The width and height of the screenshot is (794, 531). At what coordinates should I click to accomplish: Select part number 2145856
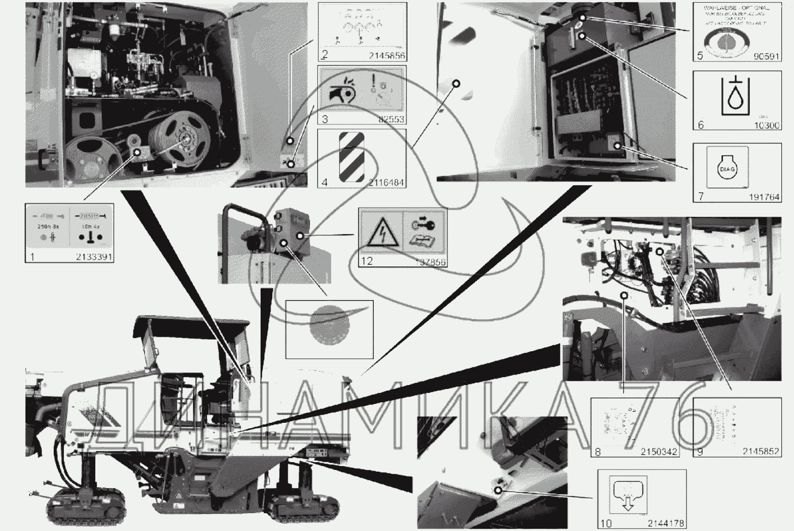[386, 56]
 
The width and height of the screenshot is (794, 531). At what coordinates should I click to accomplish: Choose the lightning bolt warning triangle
[380, 231]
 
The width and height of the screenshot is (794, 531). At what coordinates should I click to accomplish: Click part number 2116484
[386, 183]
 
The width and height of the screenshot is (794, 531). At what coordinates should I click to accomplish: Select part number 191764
[764, 197]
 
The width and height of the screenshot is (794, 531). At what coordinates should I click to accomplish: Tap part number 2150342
[659, 452]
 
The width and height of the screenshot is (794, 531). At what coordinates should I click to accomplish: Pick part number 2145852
[761, 452]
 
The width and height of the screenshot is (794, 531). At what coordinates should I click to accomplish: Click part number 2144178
[666, 523]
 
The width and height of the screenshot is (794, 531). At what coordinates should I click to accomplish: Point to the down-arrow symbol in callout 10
[628, 495]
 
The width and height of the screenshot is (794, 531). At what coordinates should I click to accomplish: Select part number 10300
[766, 125]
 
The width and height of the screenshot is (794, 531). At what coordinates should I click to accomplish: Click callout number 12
[367, 261]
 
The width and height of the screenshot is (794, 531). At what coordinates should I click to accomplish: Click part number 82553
[392, 119]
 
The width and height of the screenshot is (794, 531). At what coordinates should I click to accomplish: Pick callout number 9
[700, 452]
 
